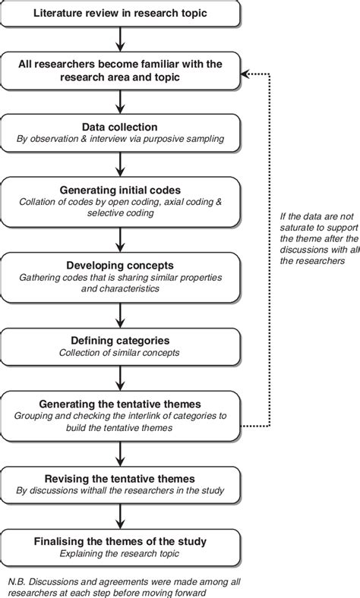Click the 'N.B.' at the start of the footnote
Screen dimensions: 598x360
[18, 581]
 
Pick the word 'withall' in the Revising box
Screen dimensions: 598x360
[105, 490]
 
